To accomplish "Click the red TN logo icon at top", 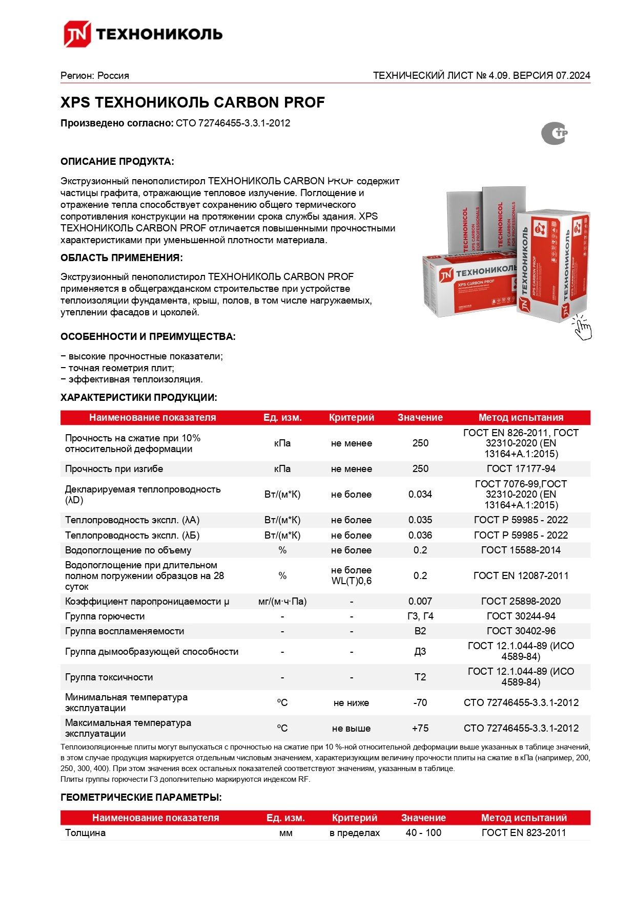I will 77,34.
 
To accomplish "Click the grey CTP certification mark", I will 554,134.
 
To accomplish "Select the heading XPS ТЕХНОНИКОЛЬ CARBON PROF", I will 193,102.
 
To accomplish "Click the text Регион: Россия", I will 95,76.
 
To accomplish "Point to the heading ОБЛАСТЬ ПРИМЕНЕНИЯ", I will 121,258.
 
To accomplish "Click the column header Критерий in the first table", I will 352,417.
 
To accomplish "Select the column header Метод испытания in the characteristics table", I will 521,417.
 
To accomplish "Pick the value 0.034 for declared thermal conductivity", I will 420,494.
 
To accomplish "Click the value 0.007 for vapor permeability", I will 420,601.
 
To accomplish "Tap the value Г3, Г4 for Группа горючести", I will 420,616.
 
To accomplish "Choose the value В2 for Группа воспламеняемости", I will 420,631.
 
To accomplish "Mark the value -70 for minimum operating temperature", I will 420,702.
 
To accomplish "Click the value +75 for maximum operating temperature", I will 420,728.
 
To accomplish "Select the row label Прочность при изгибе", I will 114,468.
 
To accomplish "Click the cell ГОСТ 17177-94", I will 521,468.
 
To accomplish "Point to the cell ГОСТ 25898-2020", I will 521,601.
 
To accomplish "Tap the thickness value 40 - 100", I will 423,832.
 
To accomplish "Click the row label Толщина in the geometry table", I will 85,832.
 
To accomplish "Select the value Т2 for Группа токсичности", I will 420,677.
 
